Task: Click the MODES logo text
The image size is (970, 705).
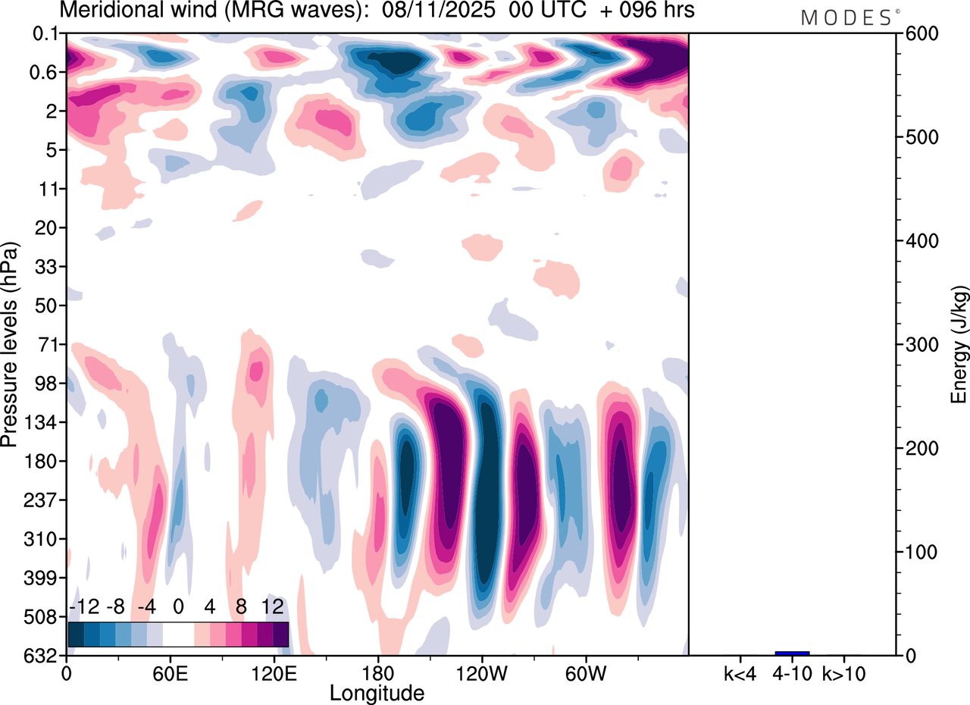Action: tap(846, 17)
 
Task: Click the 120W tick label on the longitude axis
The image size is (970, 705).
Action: tap(481, 672)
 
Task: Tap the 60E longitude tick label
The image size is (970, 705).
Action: tap(170, 672)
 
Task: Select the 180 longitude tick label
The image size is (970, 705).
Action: tap(377, 672)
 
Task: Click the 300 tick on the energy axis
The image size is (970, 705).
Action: tap(918, 345)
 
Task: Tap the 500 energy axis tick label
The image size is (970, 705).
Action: tap(918, 138)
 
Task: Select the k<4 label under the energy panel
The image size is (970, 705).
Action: tap(740, 672)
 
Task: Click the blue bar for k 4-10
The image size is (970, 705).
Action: tap(792, 653)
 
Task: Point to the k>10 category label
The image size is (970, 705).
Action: tap(844, 672)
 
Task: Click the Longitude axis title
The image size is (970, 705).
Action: tap(377, 692)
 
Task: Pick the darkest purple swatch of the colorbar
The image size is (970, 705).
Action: tap(280, 633)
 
